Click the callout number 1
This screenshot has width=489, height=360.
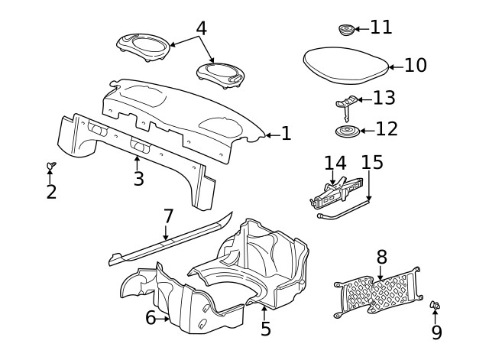click(x=286, y=135)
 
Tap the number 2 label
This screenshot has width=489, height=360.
click(x=50, y=191)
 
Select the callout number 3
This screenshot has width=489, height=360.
click(x=138, y=179)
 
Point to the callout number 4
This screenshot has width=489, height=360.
click(x=201, y=28)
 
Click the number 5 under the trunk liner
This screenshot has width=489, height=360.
click(x=265, y=329)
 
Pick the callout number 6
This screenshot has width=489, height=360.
click(x=151, y=317)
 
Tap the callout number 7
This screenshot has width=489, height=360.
click(x=168, y=216)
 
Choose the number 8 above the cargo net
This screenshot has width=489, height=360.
click(x=381, y=258)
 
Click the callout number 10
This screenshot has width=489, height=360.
click(x=415, y=65)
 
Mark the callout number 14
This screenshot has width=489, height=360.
click(x=335, y=164)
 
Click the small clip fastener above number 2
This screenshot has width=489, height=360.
click(x=50, y=165)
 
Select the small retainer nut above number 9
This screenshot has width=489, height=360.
click(x=436, y=306)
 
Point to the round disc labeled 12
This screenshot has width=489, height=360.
click(x=348, y=132)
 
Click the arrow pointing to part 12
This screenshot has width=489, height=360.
click(x=367, y=131)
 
